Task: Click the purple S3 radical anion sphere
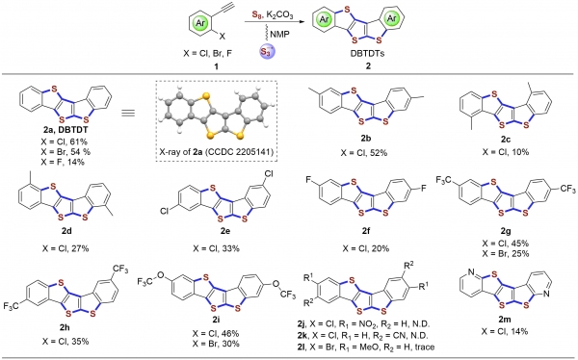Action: (266, 51)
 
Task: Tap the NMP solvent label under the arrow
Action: (280, 35)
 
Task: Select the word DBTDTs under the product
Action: (367, 53)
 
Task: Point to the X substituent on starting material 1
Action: (222, 37)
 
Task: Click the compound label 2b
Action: (365, 139)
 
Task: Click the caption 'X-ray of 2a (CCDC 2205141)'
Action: (217, 151)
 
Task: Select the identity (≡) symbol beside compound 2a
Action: (128, 113)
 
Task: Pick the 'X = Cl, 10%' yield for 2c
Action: (506, 151)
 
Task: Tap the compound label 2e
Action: (216, 231)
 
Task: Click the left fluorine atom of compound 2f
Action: (308, 179)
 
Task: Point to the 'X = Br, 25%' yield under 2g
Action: (506, 253)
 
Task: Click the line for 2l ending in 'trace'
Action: (366, 347)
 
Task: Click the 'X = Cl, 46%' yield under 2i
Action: (216, 333)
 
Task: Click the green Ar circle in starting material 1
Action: (199, 23)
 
